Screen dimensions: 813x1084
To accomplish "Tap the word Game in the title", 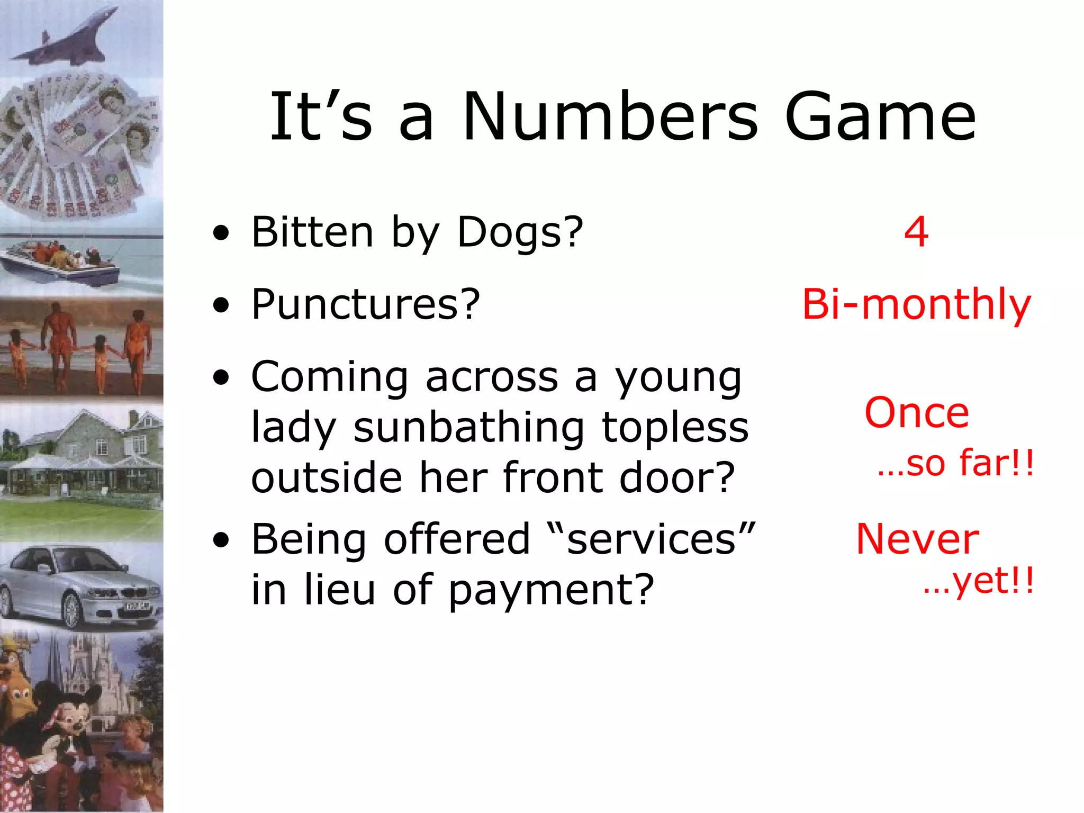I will click(880, 118).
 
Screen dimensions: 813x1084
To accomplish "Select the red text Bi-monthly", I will click(917, 305).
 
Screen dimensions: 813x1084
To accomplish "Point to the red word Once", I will click(917, 413).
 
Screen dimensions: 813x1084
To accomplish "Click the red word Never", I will click(917, 539).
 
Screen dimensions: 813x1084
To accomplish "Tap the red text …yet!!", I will click(978, 582).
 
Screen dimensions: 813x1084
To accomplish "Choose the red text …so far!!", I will click(955, 463).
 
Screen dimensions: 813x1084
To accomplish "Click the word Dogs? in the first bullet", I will click(520, 232).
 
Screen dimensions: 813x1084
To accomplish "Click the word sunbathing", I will click(468, 428).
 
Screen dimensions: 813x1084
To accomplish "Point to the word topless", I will click(675, 428).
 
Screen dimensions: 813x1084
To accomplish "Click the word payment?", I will click(550, 591).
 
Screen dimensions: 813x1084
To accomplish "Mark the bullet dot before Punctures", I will click(221, 305).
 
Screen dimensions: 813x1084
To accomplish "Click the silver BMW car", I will click(79, 588).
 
